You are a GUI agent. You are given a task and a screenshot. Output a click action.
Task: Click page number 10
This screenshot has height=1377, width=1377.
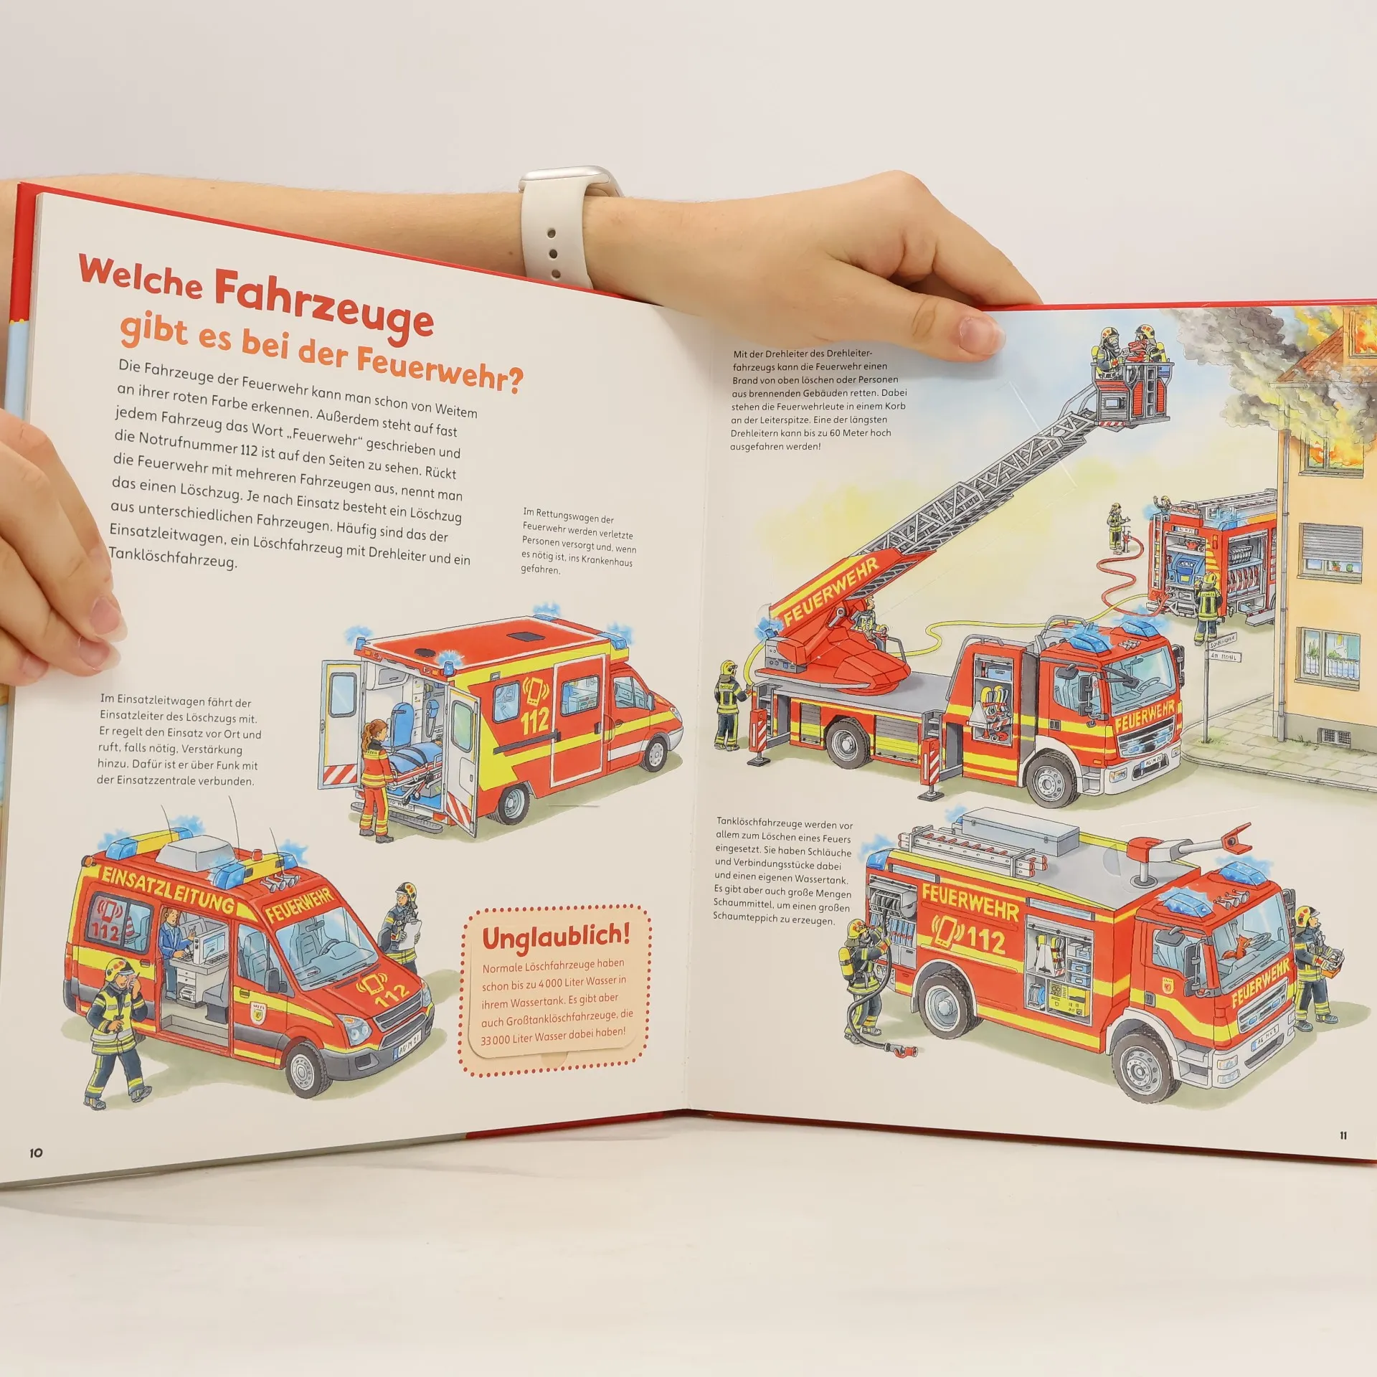click(x=36, y=1153)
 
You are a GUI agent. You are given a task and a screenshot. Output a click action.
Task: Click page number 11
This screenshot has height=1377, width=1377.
click(x=1343, y=1135)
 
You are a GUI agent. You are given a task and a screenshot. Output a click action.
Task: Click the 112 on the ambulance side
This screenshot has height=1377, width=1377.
click(x=535, y=720)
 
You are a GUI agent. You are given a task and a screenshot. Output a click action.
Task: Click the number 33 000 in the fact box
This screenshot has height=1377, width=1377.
click(x=496, y=1039)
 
